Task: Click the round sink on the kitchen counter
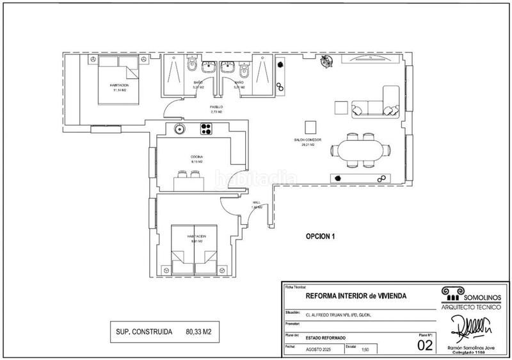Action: tap(180, 129)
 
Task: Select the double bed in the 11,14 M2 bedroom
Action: tap(118, 84)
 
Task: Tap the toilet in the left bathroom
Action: tap(190, 67)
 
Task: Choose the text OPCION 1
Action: tap(321, 236)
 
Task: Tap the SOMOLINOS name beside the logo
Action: tap(479, 291)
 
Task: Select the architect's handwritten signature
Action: tap(472, 325)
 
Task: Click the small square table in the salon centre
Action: tap(310, 126)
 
